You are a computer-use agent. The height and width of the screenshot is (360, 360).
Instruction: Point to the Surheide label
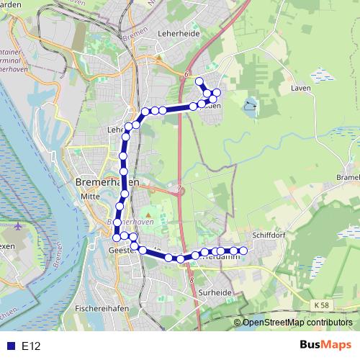(214, 293)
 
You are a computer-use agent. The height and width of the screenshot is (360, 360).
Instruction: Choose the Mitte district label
(89, 195)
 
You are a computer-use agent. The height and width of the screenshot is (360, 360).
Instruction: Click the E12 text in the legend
(31, 346)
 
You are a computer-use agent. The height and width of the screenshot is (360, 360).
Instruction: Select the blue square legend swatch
(10, 346)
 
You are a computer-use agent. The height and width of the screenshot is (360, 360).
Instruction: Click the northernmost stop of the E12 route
(199, 81)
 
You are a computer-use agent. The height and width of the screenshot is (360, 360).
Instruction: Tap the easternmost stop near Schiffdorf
(243, 251)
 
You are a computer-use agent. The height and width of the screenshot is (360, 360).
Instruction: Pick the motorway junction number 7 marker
(179, 190)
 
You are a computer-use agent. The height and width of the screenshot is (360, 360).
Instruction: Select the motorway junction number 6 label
(185, 74)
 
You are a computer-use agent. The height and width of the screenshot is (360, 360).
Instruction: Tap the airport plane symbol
(18, 228)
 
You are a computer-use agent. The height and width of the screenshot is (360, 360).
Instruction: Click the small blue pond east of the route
(249, 107)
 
